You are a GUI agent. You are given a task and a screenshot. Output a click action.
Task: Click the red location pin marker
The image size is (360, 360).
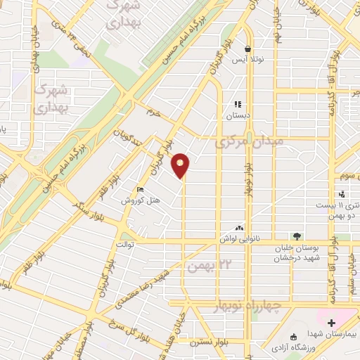181,164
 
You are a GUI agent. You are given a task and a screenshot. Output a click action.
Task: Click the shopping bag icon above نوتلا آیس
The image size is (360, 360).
247,49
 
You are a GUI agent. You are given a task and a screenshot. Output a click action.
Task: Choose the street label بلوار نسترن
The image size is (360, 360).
208,349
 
